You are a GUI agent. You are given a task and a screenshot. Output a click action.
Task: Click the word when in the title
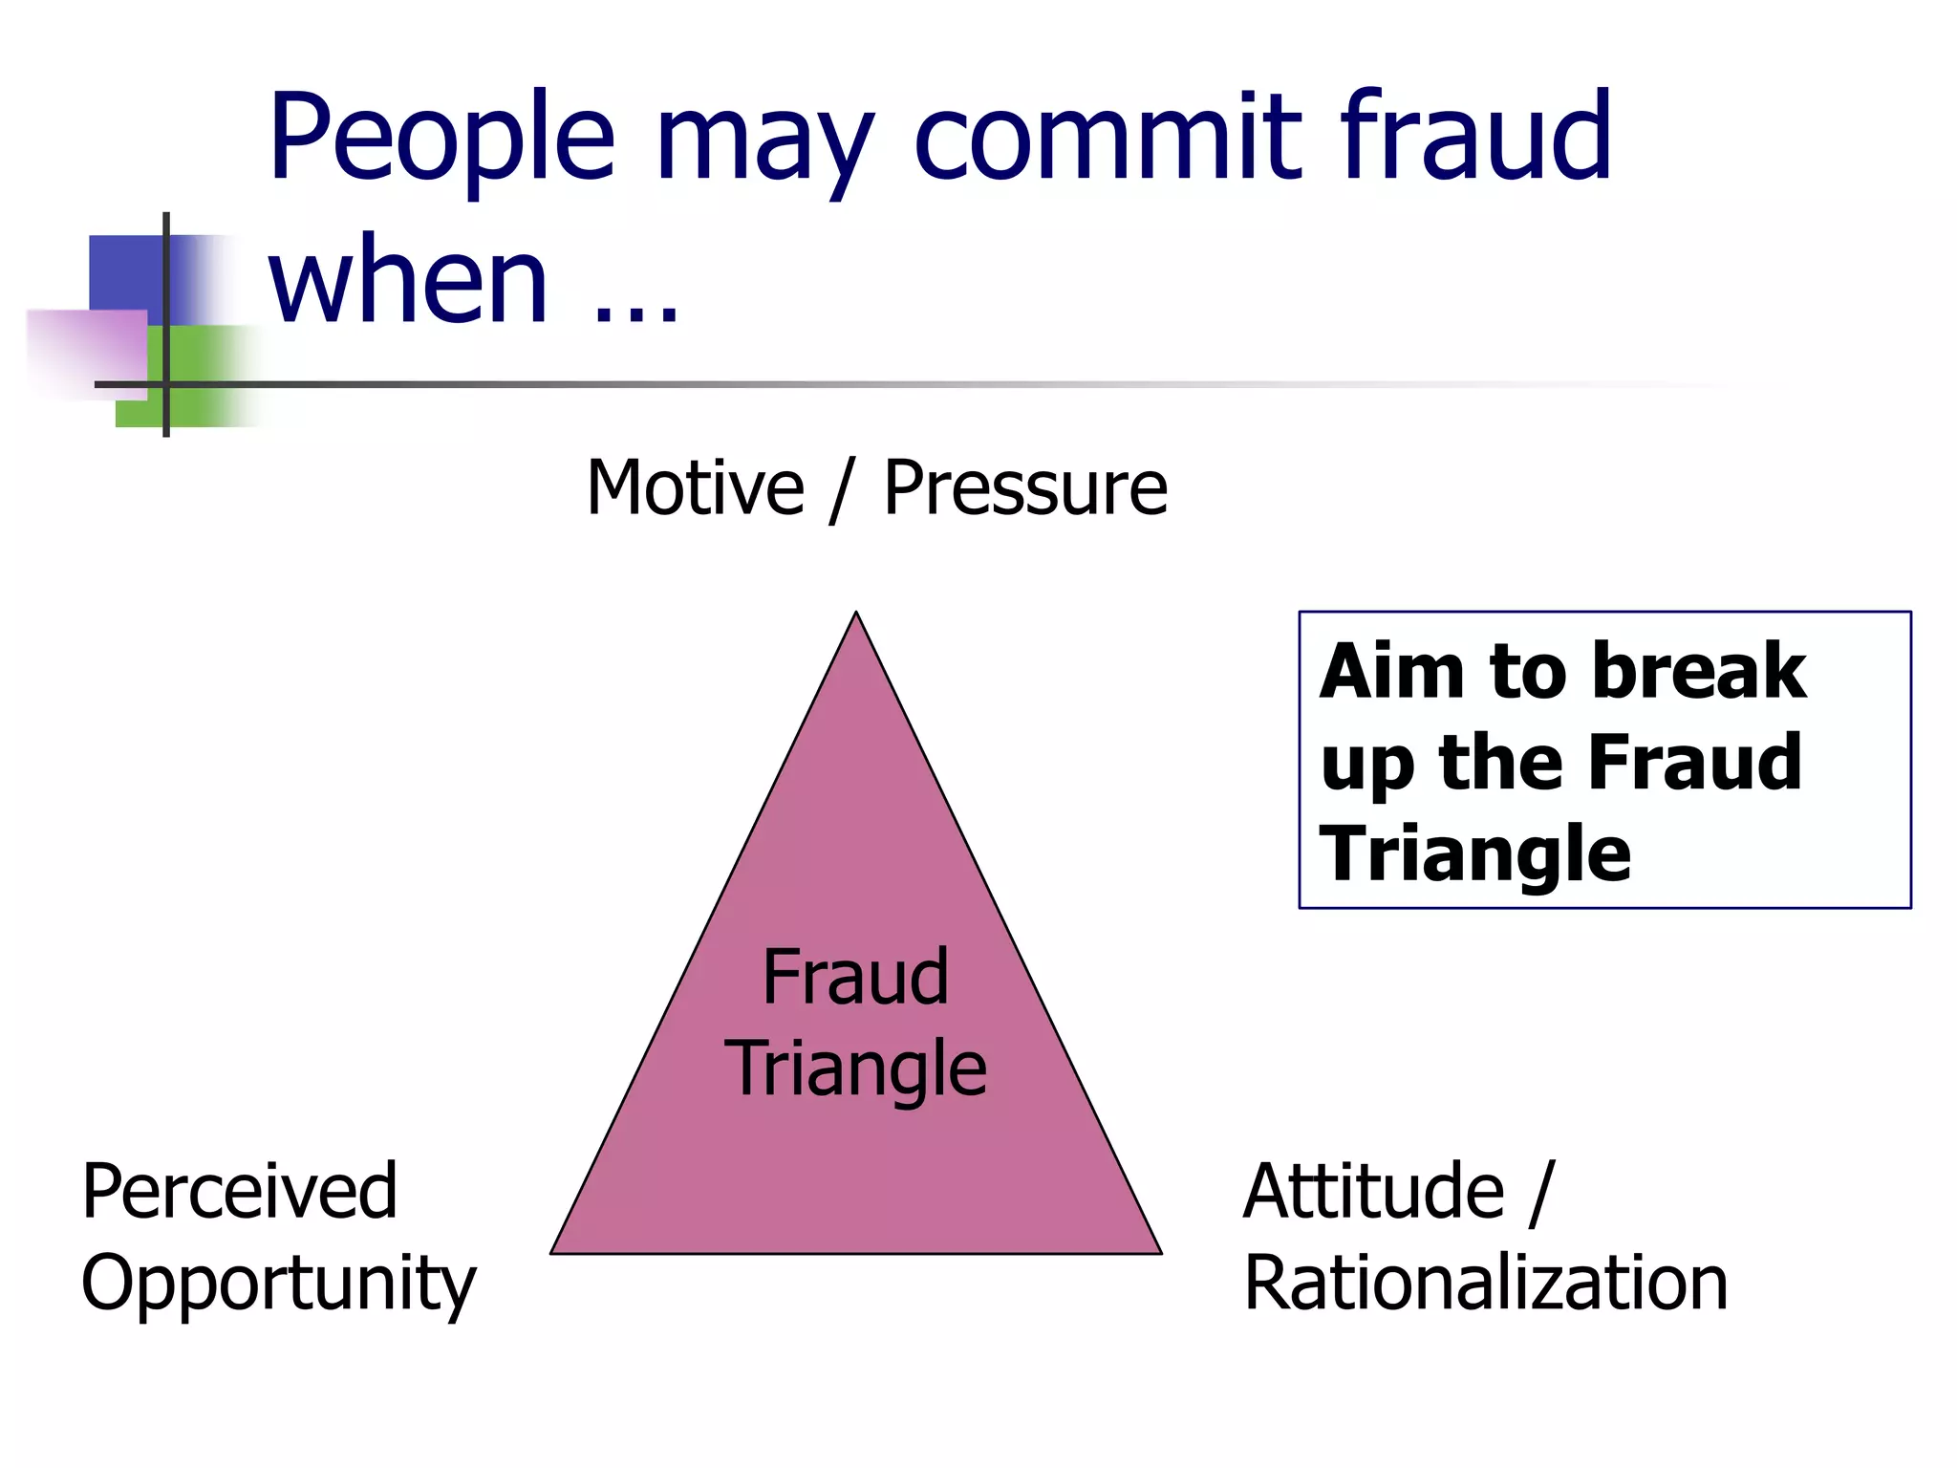pyautogui.click(x=408, y=282)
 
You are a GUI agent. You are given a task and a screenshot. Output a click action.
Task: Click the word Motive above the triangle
pyautogui.click(x=695, y=488)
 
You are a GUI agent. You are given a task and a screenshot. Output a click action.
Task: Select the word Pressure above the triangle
pyautogui.click(x=1025, y=488)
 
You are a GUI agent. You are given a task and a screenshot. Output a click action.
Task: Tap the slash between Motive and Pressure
pyautogui.click(x=841, y=490)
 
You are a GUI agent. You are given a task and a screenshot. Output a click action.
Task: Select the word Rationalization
pyautogui.click(x=1486, y=1283)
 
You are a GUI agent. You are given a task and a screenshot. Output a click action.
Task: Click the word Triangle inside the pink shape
pyautogui.click(x=855, y=1069)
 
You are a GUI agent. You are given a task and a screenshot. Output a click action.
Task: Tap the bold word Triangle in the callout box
pyautogui.click(x=1474, y=853)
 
